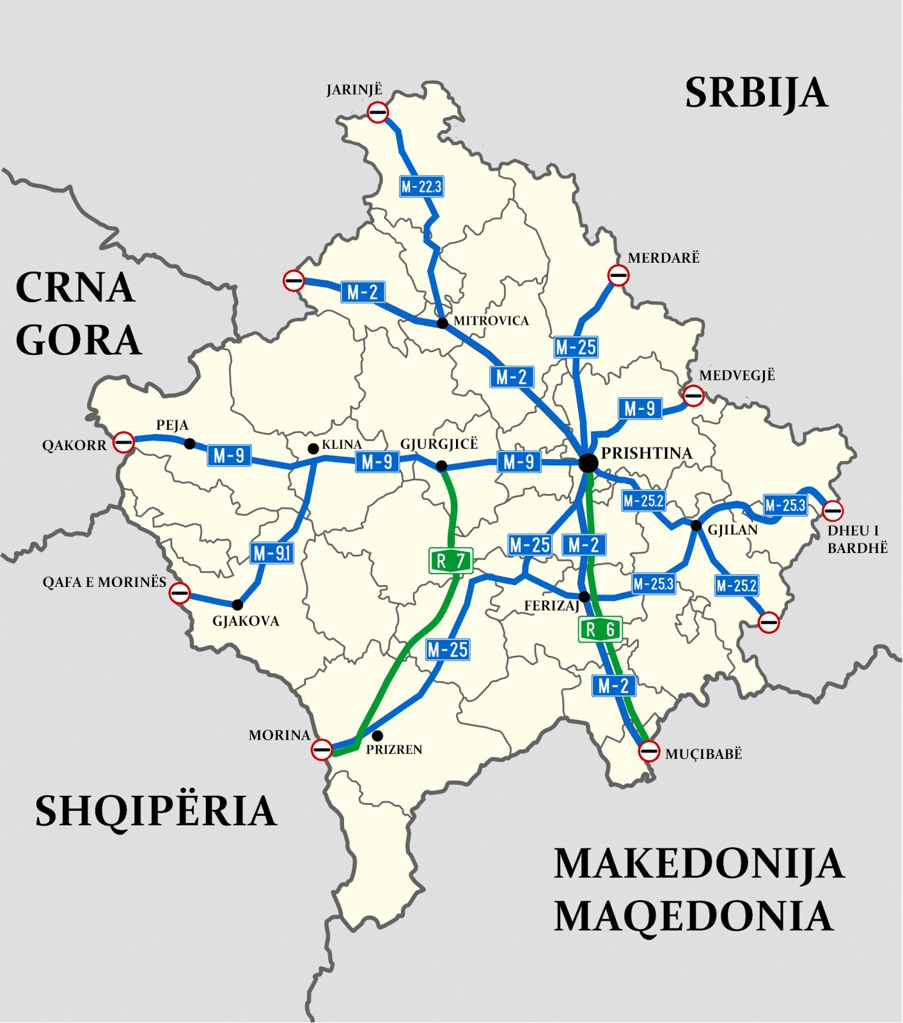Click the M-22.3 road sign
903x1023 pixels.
[x=421, y=187]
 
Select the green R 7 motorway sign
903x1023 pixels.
[x=451, y=561]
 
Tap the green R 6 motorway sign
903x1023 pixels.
[x=600, y=630]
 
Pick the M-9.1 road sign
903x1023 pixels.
[x=272, y=553]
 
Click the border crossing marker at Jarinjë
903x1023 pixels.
[x=378, y=113]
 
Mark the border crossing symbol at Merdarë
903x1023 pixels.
[x=618, y=276]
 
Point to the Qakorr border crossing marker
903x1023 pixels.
[x=123, y=442]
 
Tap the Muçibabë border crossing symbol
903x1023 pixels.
[x=649, y=751]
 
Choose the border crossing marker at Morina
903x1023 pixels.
[x=322, y=749]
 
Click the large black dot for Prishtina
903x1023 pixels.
[x=588, y=463]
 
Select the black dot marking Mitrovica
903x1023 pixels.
[x=442, y=323]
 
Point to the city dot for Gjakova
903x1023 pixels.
[x=237, y=605]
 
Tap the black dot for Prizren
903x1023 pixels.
[x=377, y=736]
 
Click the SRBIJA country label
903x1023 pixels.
[x=756, y=93]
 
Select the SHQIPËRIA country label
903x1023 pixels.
[x=155, y=811]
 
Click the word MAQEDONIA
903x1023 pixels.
[x=694, y=916]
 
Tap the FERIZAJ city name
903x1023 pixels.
[x=551, y=605]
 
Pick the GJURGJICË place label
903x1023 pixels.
[x=439, y=444]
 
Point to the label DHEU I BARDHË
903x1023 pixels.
[x=857, y=539]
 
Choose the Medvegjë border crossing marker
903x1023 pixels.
[x=693, y=396]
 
